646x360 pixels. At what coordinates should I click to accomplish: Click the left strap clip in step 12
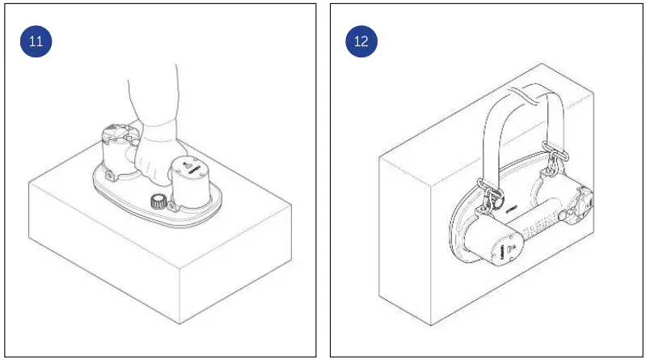click(490, 193)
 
